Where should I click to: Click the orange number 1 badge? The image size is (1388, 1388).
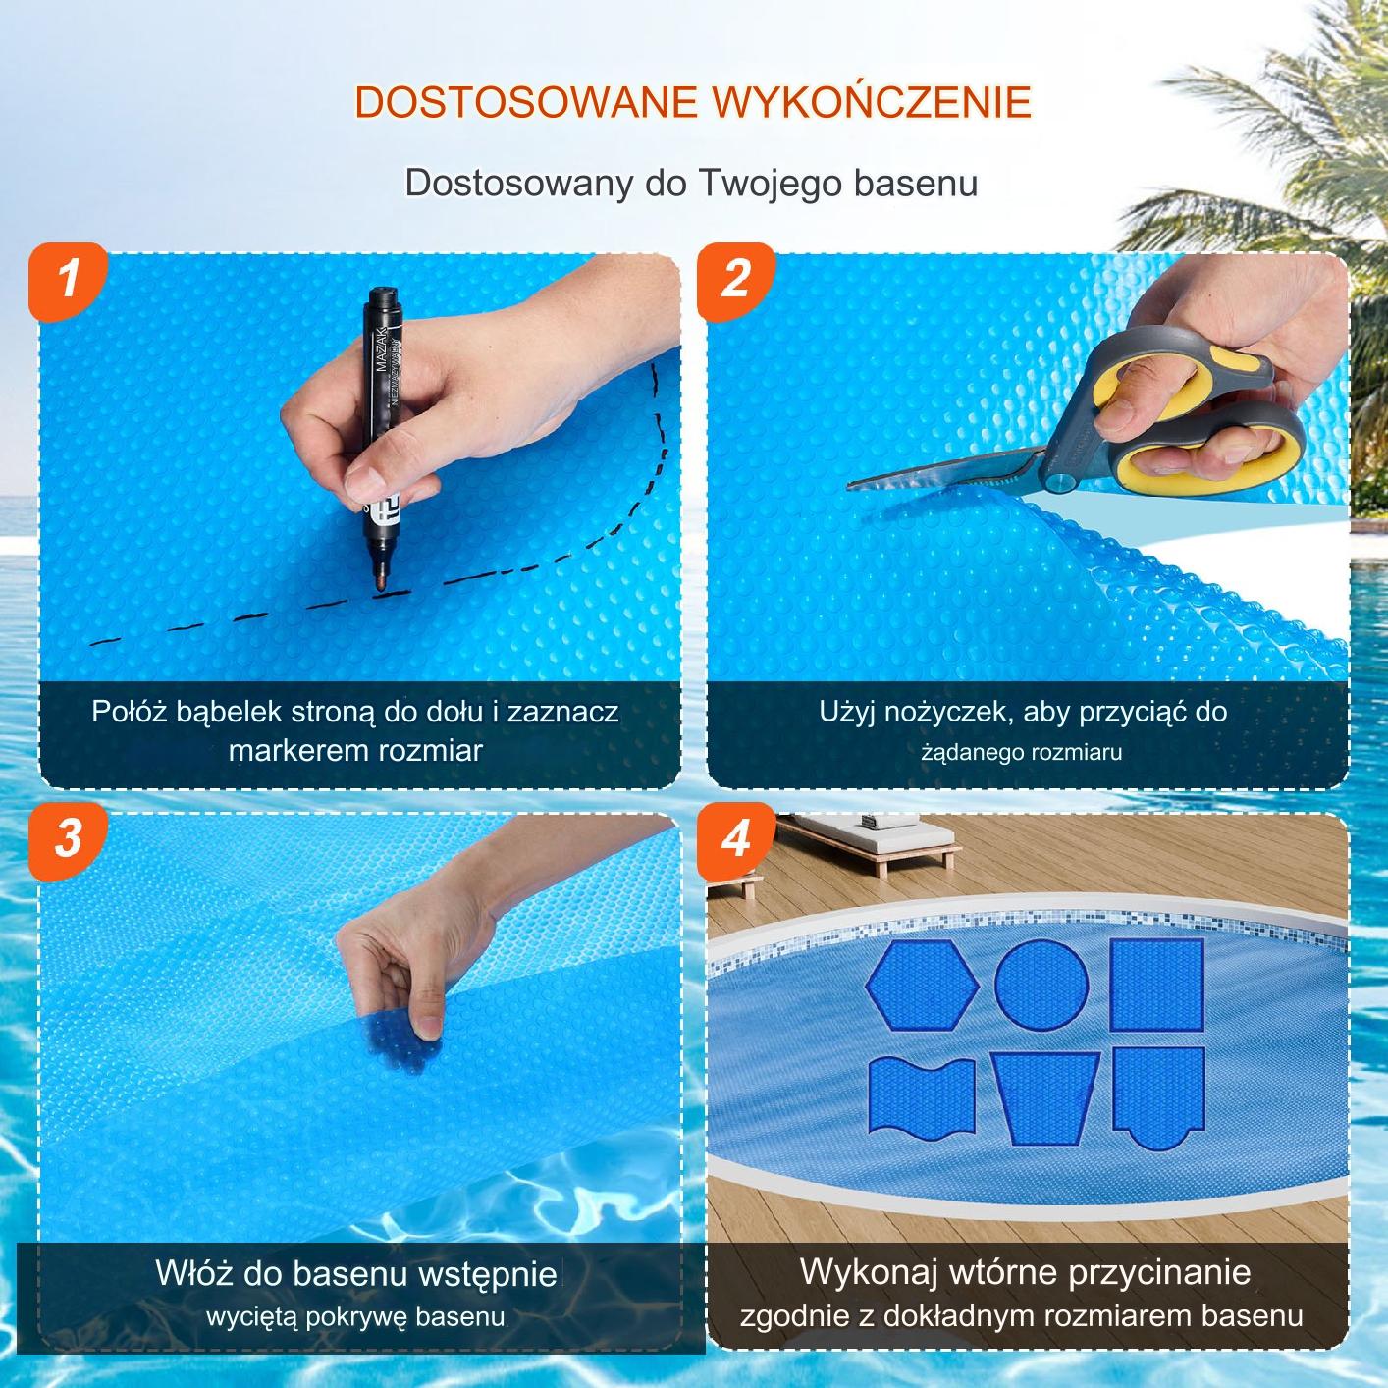pos(69,280)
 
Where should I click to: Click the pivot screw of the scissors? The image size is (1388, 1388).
pos(1059,481)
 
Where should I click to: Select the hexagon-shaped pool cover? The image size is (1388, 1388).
pos(922,985)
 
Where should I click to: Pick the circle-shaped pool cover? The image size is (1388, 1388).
pos(1041,982)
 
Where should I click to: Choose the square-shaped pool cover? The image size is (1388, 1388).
pos(1156,984)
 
